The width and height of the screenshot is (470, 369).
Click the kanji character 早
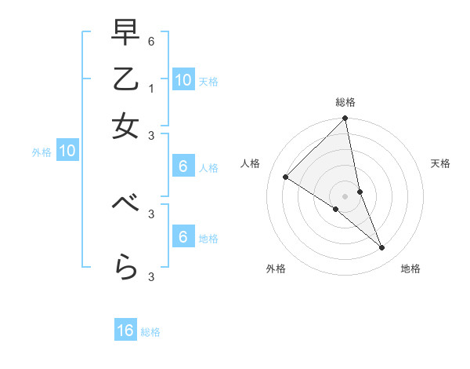[126, 33]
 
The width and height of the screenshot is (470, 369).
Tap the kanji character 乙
[126, 79]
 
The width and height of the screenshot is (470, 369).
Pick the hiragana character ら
[126, 269]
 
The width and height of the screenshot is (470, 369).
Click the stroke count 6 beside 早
[151, 41]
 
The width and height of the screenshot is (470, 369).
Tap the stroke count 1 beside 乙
[151, 88]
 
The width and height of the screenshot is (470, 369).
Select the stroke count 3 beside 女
[151, 134]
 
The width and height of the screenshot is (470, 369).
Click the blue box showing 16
[125, 331]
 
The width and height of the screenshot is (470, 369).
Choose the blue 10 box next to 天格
[183, 80]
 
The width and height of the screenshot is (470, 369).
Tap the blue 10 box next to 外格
[67, 151]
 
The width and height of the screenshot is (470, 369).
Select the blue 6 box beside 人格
[183, 166]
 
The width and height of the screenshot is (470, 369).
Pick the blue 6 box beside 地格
[183, 237]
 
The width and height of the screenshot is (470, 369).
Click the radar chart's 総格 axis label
[345, 102]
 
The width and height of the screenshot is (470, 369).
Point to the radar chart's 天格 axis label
[440, 163]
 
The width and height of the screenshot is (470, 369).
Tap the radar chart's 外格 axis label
[275, 269]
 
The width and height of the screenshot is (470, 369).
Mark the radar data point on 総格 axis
[345, 119]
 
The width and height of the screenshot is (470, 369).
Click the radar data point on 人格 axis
[286, 177]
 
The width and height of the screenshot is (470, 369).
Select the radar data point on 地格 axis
[382, 247]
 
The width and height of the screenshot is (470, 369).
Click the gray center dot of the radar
[345, 195]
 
